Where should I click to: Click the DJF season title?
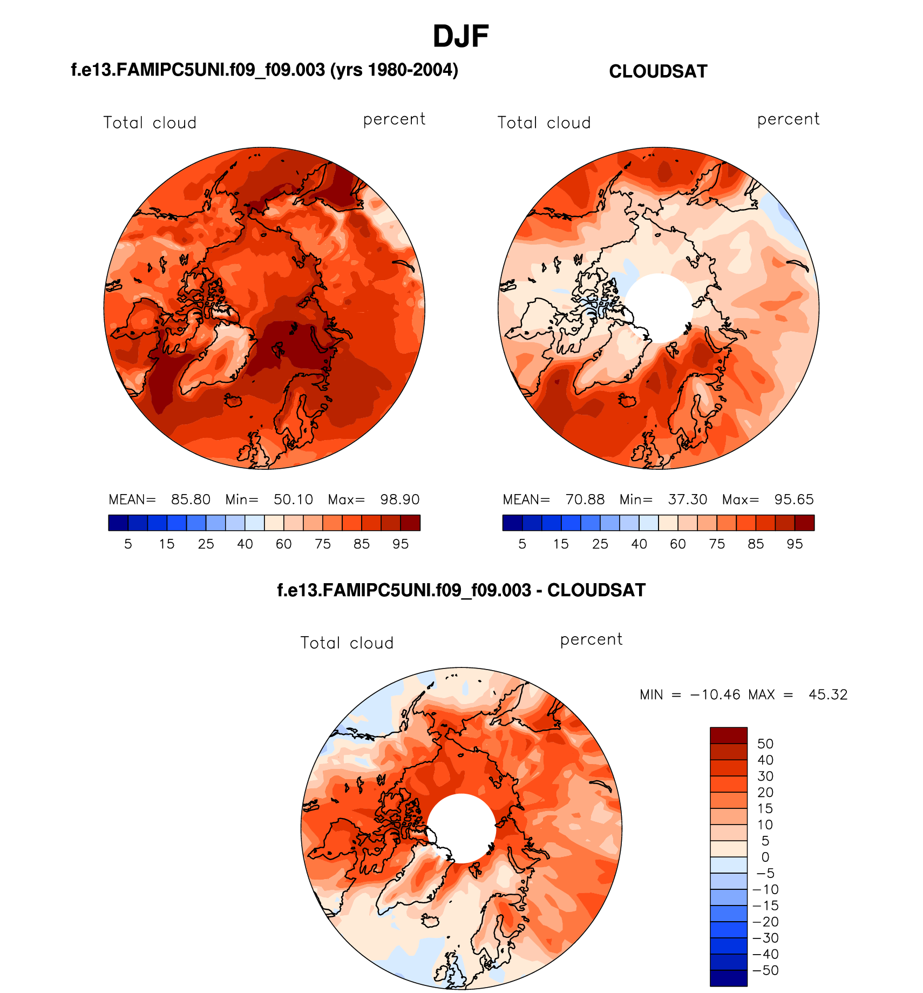(x=460, y=37)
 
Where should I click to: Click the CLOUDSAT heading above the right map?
(x=657, y=71)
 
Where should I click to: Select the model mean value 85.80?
(x=191, y=499)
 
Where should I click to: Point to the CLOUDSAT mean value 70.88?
(x=585, y=499)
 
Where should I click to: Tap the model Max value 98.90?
(x=399, y=499)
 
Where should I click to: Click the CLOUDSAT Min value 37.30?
(x=687, y=499)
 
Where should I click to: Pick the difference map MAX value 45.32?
(x=827, y=694)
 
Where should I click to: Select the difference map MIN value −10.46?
(x=715, y=694)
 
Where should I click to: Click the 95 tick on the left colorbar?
(x=401, y=544)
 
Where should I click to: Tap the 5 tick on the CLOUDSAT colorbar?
(x=522, y=544)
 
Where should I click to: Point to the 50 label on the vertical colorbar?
(x=765, y=744)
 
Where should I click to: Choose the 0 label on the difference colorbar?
(x=765, y=857)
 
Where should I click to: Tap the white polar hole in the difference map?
(x=461, y=828)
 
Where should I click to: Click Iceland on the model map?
(x=234, y=401)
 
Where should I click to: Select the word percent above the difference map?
(x=591, y=639)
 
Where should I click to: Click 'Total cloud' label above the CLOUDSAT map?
(x=544, y=123)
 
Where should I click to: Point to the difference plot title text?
(x=461, y=590)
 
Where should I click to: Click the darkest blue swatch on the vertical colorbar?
(x=728, y=978)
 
